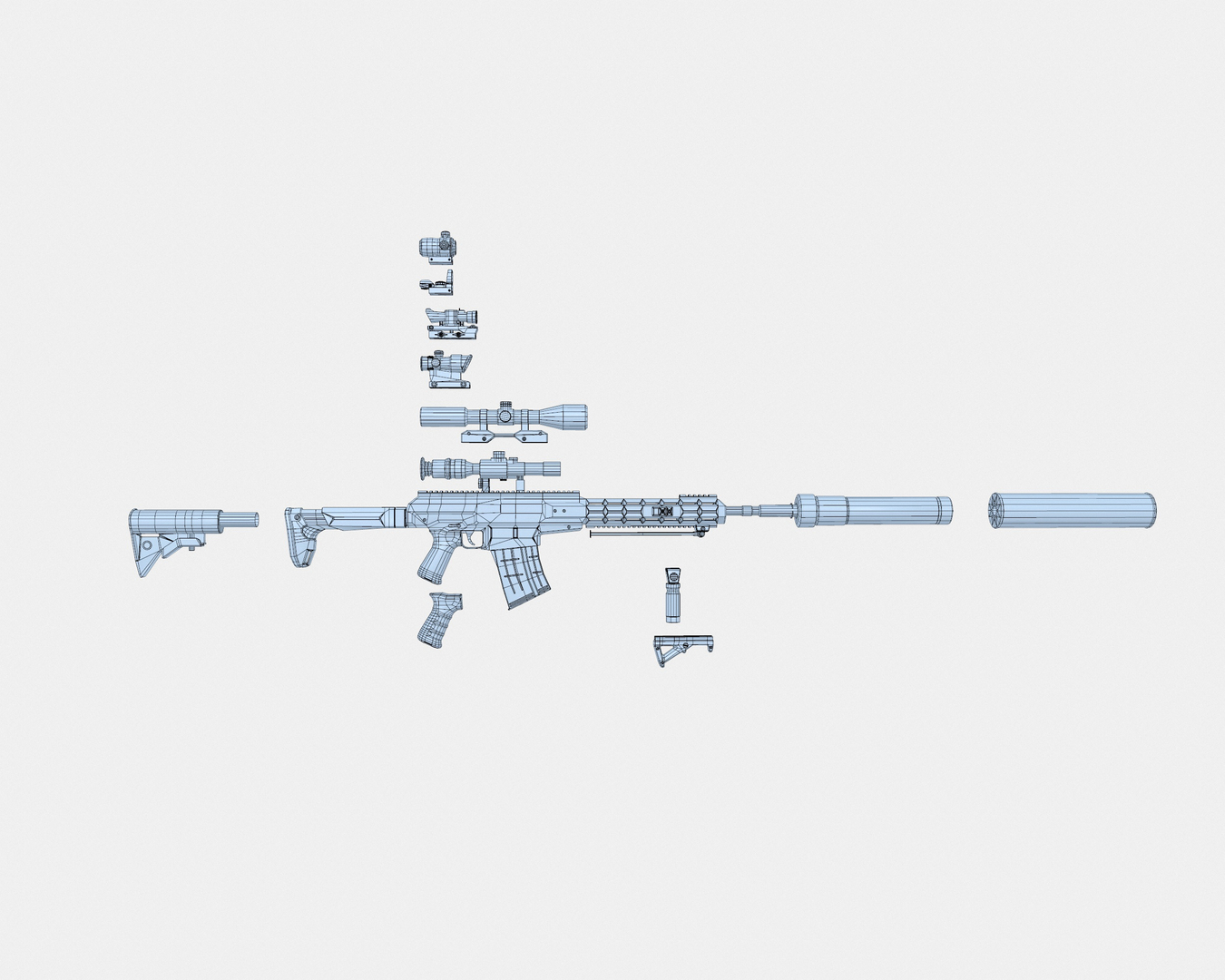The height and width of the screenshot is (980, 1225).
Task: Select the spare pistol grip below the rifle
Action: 438,619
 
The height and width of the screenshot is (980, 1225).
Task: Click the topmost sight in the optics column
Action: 439,246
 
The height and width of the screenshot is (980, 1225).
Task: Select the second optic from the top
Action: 436,284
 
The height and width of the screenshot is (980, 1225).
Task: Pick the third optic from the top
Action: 450,321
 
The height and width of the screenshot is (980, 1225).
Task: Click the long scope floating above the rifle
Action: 504,418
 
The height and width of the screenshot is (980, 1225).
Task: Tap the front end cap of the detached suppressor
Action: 996,510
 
